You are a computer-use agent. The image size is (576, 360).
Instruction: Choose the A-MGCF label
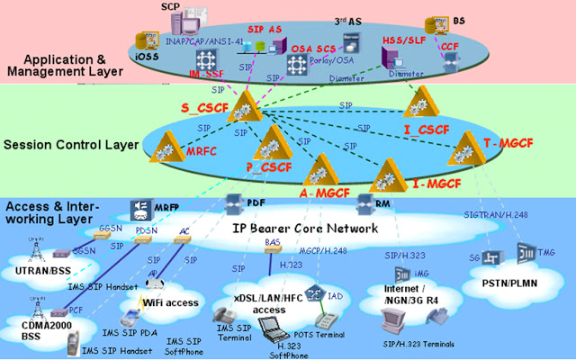click(x=324, y=192)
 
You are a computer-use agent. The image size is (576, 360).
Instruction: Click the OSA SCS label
click(x=314, y=49)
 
